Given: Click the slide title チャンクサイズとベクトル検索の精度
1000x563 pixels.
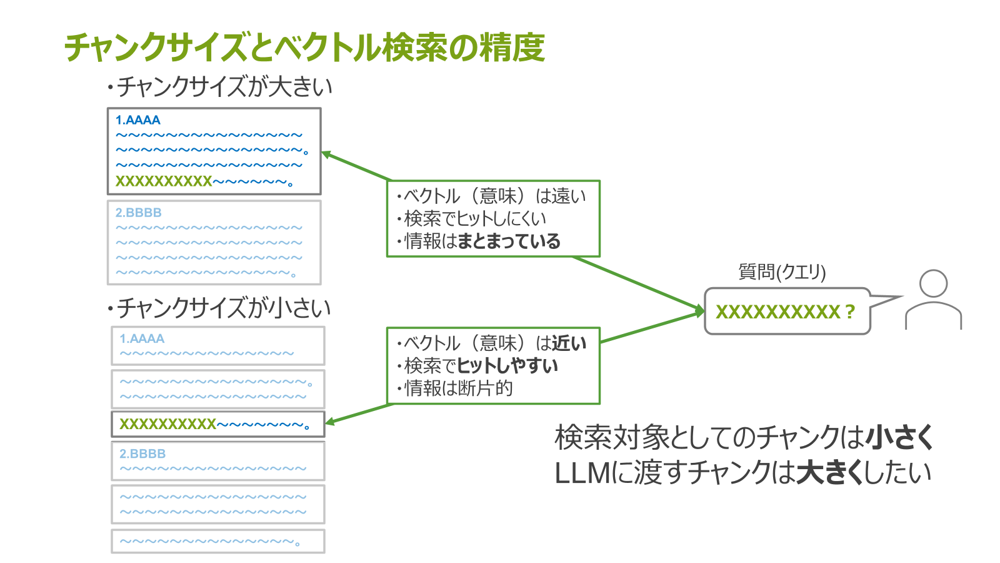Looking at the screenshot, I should (304, 48).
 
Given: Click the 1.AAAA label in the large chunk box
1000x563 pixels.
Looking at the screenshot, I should (138, 120).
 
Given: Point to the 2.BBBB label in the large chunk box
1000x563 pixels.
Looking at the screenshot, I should (139, 213).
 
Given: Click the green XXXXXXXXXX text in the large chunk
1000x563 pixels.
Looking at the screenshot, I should (164, 181).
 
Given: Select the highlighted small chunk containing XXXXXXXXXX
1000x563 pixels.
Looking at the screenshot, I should (217, 424).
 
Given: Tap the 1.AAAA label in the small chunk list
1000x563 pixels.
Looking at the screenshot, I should (142, 339).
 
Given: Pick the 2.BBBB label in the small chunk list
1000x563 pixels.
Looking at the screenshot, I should (142, 454).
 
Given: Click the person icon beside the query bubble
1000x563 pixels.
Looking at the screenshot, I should (933, 300).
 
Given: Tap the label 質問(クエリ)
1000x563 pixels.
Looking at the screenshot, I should (782, 271).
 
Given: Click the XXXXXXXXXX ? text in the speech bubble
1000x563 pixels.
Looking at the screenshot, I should (785, 312).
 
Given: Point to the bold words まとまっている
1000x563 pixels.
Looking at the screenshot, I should (509, 241).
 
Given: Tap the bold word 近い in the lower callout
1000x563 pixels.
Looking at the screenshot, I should (569, 343).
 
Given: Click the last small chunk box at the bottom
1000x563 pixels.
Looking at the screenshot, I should (217, 541).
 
